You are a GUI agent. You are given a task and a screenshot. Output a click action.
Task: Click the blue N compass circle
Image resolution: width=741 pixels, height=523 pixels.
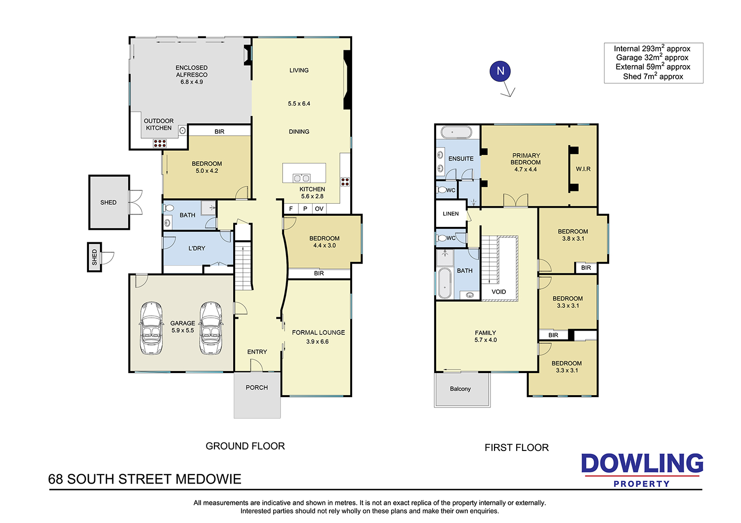(500, 71)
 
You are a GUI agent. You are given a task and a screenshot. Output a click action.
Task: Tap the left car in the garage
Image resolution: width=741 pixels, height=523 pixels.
(152, 328)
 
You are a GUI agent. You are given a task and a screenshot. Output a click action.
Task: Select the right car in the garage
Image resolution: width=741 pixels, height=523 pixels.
(211, 328)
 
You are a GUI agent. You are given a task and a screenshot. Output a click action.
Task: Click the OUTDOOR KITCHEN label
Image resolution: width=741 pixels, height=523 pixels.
(159, 124)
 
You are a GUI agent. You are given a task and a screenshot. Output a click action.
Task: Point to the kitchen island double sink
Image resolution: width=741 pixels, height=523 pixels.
(301, 179)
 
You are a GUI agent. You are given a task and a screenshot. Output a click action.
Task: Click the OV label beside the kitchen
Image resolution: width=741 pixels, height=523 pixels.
(319, 209)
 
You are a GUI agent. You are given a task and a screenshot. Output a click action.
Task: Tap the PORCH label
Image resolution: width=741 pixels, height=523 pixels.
(257, 387)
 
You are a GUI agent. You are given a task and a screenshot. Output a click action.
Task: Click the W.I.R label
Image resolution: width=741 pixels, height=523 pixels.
(583, 169)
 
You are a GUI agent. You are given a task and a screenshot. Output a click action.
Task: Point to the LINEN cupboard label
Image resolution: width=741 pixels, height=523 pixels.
(451, 214)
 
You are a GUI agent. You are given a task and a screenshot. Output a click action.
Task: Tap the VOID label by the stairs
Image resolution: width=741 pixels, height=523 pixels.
(498, 292)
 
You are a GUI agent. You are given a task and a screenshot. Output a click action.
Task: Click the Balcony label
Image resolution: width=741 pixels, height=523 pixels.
(460, 388)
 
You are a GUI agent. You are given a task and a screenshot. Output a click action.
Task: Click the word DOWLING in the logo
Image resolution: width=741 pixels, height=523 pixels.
(642, 463)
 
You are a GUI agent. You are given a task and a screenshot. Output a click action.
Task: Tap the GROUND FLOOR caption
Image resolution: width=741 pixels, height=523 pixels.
(245, 446)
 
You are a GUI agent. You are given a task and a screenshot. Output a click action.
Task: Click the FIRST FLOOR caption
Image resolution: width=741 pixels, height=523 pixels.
(516, 448)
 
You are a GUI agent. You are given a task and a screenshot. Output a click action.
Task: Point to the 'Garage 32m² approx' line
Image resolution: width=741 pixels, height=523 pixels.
(652, 58)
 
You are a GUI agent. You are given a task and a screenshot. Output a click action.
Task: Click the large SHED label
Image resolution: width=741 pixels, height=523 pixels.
(108, 202)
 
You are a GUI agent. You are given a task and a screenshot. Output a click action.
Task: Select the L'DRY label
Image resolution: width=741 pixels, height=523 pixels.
(197, 248)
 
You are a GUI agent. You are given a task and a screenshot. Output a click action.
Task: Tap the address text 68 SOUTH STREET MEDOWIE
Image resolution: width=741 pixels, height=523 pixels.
(145, 479)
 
